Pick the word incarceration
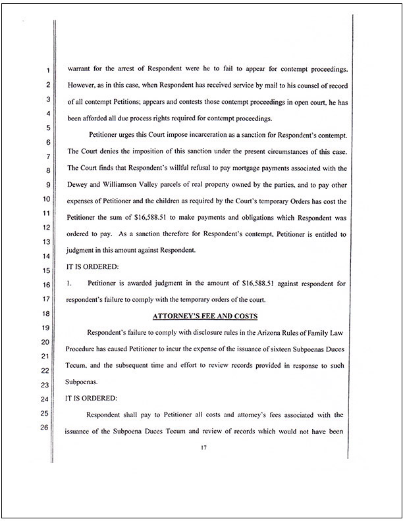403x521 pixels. [212, 136]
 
